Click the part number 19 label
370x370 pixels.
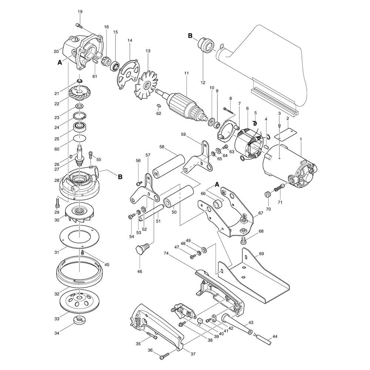80,11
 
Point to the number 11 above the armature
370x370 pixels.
186,73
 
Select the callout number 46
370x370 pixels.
139,271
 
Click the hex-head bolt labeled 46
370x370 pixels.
142,249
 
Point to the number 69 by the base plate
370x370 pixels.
261,254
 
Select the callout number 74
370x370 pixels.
166,253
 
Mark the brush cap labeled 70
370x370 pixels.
267,195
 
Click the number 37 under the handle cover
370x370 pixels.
193,354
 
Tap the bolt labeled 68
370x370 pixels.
243,241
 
